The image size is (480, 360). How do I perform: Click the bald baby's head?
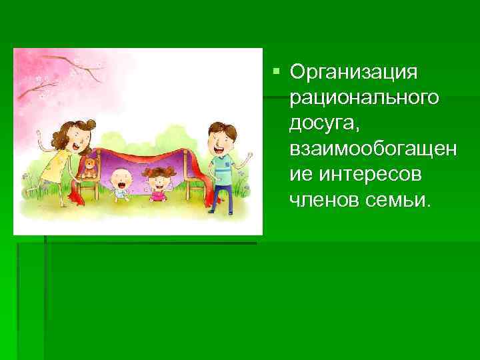coord(121,178)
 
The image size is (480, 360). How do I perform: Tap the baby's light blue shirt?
coord(121,193)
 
